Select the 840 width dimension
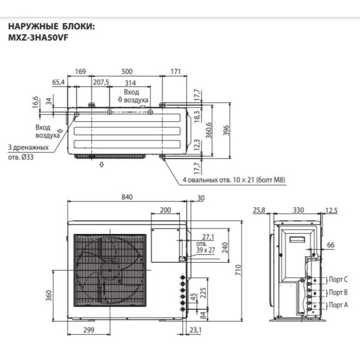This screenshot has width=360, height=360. click(x=127, y=197)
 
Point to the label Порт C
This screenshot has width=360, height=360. click(x=339, y=280)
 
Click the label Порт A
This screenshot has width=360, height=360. click(x=339, y=305)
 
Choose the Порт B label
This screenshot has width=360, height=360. click(x=339, y=293)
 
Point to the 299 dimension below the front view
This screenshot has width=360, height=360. click(x=89, y=331)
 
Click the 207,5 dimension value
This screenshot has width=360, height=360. click(x=100, y=82)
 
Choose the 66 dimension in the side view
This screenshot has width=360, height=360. click(x=330, y=246)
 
